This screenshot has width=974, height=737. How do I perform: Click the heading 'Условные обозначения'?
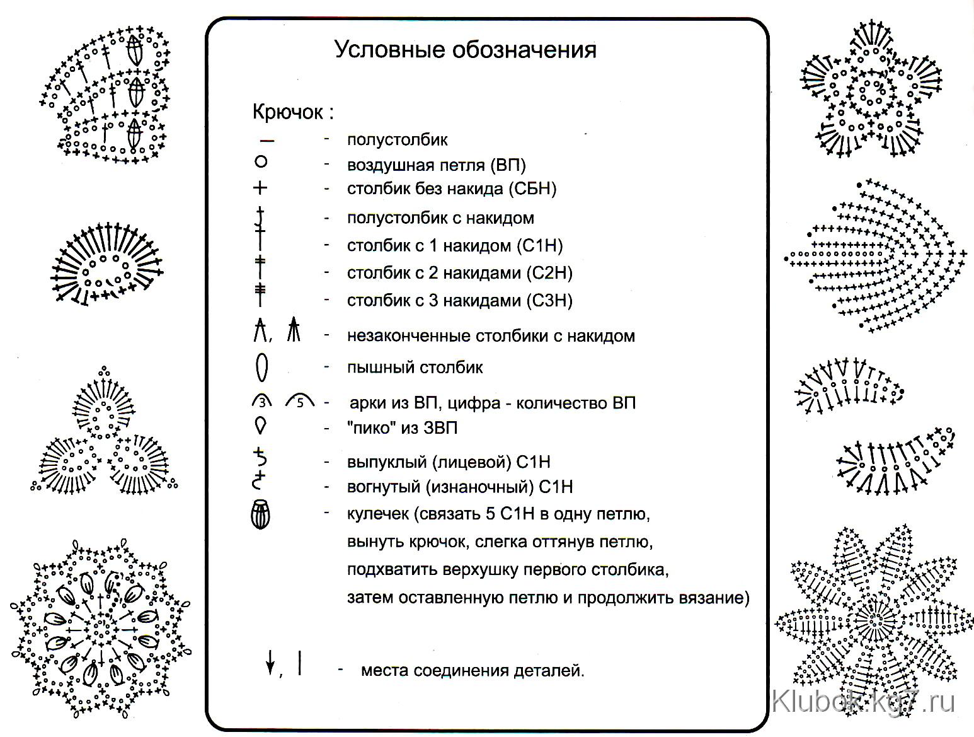pyautogui.click(x=465, y=50)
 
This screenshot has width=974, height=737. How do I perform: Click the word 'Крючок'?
pyautogui.click(x=287, y=112)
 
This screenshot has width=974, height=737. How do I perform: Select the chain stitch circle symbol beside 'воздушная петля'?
pyautogui.click(x=261, y=161)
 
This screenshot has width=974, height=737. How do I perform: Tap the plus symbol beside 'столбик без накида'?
pyautogui.click(x=260, y=188)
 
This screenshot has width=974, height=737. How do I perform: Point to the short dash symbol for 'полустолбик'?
pyautogui.click(x=267, y=141)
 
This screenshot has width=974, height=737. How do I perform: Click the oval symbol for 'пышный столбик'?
pyautogui.click(x=262, y=367)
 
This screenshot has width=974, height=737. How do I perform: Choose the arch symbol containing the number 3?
pyautogui.click(x=262, y=401)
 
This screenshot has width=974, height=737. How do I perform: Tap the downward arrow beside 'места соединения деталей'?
pyautogui.click(x=270, y=663)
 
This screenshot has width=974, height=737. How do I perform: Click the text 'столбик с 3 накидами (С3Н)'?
pyautogui.click(x=459, y=300)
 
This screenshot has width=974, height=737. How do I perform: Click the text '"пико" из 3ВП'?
pyautogui.click(x=402, y=427)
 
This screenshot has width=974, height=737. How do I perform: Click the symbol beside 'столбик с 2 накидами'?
pyautogui.click(x=260, y=267)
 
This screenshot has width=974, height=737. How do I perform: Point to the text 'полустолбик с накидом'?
pyautogui.click(x=440, y=218)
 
